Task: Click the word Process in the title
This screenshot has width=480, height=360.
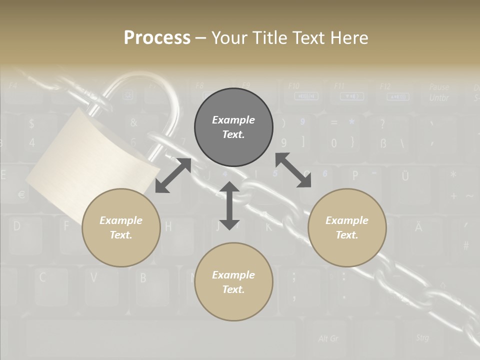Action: pyautogui.click(x=157, y=37)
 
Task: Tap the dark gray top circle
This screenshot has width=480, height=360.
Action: pyautogui.click(x=233, y=127)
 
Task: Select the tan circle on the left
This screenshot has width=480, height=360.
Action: pyautogui.click(x=121, y=227)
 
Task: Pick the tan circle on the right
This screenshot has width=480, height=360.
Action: pyautogui.click(x=347, y=227)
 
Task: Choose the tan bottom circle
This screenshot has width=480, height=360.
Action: pyautogui.click(x=233, y=282)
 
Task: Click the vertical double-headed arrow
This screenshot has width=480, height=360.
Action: pyautogui.click(x=229, y=205)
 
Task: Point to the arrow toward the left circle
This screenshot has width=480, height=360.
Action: pyautogui.click(x=173, y=175)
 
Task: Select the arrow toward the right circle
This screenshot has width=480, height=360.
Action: pyautogui.click(x=293, y=170)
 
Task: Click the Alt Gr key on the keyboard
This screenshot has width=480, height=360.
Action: pyautogui.click(x=328, y=338)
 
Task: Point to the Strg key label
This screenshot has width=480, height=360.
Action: pyautogui.click(x=422, y=337)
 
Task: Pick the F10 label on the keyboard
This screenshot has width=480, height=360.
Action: pyautogui.click(x=294, y=86)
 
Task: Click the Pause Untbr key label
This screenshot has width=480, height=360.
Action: pyautogui.click(x=439, y=92)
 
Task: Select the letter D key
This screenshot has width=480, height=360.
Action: pyautogui.click(x=17, y=226)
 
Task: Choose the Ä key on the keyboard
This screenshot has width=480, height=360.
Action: pyautogui.click(x=418, y=227)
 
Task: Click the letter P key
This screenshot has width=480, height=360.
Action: pyautogui.click(x=355, y=175)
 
